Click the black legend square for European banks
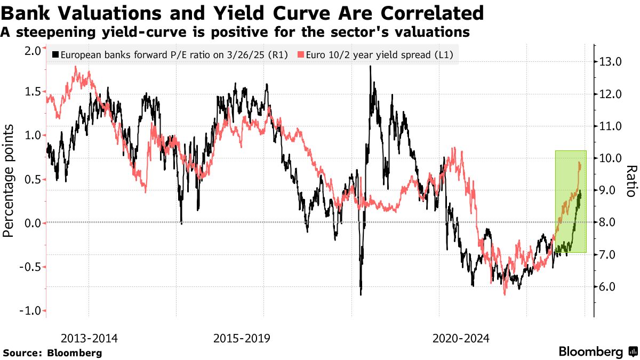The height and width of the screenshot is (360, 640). pyautogui.click(x=55, y=54)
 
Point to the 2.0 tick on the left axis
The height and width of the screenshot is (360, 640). pyautogui.click(x=33, y=51)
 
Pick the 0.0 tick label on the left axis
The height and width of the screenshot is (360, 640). pyautogui.click(x=33, y=223)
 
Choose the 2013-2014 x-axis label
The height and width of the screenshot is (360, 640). pyautogui.click(x=89, y=338)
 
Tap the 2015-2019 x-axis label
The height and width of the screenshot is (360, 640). pyautogui.click(x=242, y=338)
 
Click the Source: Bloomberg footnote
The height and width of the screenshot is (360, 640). pyautogui.click(x=52, y=353)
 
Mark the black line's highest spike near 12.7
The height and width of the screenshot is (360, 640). pyautogui.click(x=370, y=67)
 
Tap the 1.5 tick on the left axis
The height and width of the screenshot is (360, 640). pyautogui.click(x=33, y=92)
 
